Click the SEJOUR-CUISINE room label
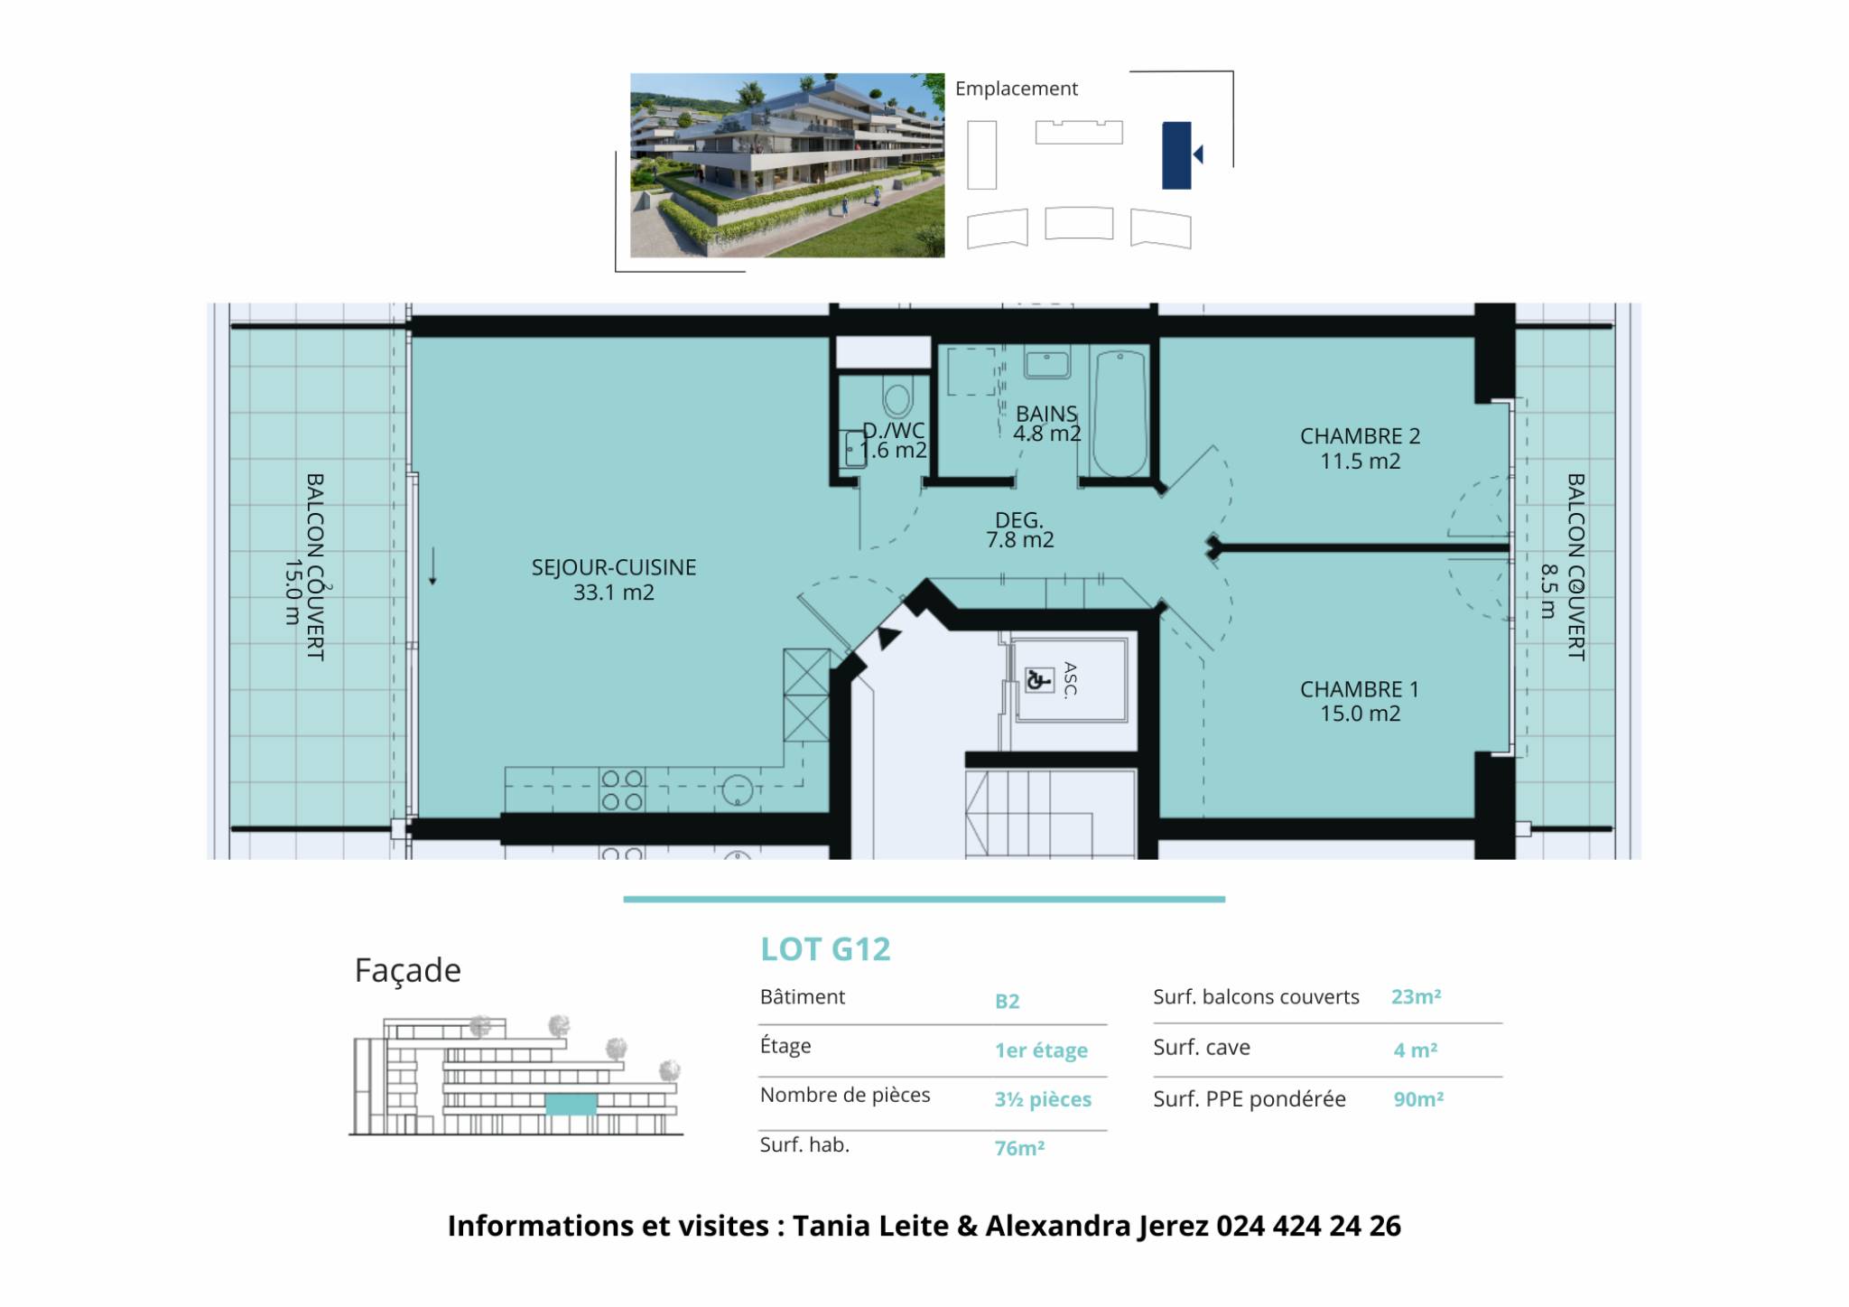[614, 580]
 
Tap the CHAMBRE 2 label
[1360, 448]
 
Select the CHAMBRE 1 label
[1360, 701]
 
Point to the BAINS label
[1046, 424]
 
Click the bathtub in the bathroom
[1120, 414]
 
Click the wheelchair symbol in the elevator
[1039, 678]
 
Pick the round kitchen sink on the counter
[738, 791]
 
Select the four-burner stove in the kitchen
[622, 790]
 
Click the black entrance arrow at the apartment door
[888, 637]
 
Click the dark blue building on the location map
[1176, 155]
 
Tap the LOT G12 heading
[825, 949]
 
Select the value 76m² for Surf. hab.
[1019, 1148]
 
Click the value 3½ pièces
[1043, 1099]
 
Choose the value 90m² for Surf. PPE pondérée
[1418, 1099]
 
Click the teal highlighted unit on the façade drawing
[571, 1104]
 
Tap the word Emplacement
[1017, 89]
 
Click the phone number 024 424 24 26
[1308, 1226]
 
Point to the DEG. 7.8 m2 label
[1019, 530]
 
